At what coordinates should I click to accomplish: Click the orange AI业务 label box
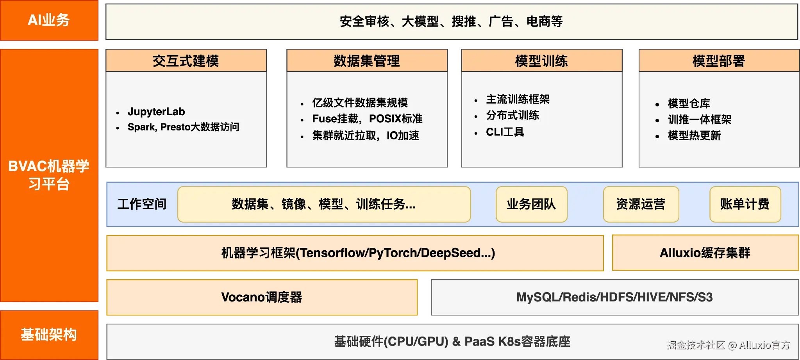point(49,20)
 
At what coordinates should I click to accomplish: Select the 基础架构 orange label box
point(49,335)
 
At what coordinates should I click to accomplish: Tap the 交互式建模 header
point(186,61)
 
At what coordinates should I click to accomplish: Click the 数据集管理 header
point(367,61)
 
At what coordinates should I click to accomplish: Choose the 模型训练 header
point(541,61)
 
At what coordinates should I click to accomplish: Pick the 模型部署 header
point(718,61)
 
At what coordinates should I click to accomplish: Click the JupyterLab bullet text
point(156,112)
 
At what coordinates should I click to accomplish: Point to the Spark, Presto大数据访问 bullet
point(183,127)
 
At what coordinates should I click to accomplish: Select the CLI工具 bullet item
point(505,132)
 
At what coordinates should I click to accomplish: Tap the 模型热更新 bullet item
point(694,135)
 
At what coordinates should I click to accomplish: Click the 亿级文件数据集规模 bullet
point(360,103)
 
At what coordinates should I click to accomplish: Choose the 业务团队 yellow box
point(531,204)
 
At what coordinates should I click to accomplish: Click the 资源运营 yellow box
point(641,204)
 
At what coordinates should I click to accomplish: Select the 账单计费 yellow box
point(745,204)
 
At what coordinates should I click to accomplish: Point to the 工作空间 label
point(142,204)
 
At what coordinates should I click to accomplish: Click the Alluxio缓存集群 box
point(705,253)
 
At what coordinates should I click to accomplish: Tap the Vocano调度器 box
point(262,298)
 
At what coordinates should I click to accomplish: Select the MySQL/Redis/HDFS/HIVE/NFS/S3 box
point(614,298)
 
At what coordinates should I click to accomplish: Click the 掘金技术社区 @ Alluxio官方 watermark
point(729,345)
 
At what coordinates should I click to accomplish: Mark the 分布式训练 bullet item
point(512,115)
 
